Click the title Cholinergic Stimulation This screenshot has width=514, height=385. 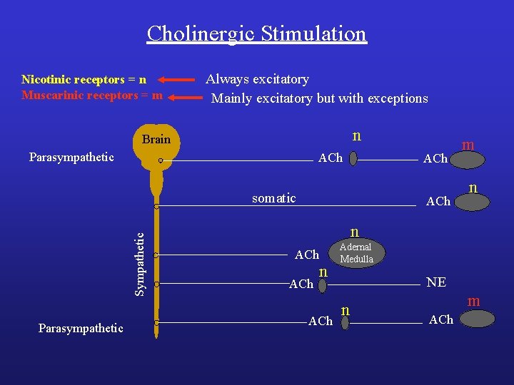click(x=256, y=34)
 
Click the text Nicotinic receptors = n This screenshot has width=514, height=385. click(x=84, y=79)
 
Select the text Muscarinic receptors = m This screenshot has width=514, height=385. click(x=92, y=95)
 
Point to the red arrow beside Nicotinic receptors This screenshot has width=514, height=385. click(x=175, y=80)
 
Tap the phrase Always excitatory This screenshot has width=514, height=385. click(x=257, y=79)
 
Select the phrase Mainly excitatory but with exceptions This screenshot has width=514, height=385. click(x=319, y=98)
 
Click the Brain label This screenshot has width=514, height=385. click(x=156, y=139)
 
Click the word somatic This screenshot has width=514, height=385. click(x=273, y=198)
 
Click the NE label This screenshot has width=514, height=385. click(x=436, y=282)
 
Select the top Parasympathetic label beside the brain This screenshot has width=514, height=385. click(x=71, y=157)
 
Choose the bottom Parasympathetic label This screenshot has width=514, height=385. click(x=81, y=328)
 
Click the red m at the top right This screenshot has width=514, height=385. click(x=468, y=145)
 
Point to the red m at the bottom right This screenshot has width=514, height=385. click(x=473, y=302)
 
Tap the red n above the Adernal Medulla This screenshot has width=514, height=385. click(x=354, y=232)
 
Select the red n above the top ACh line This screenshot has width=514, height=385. click(x=357, y=135)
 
